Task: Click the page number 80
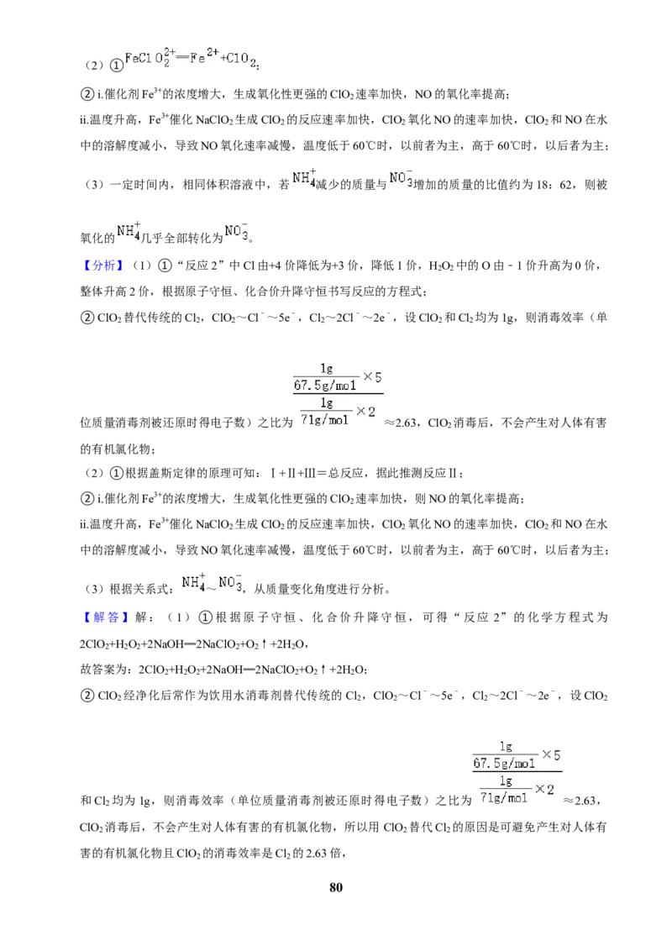coord(336,887)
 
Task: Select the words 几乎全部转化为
coord(182,238)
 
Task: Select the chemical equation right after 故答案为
coord(252,670)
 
